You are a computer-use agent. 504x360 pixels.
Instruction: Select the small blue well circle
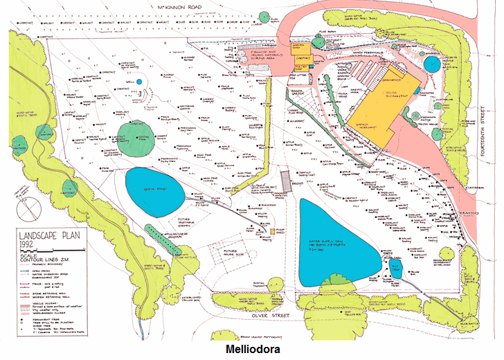click(138, 81)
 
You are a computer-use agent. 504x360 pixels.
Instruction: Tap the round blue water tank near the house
click(431, 64)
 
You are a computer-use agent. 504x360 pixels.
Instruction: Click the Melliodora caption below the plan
click(251, 350)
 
